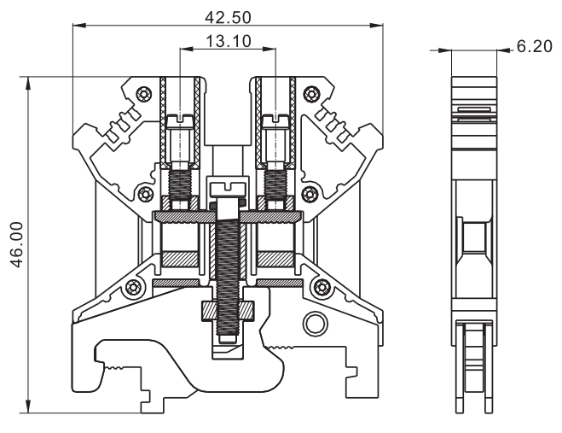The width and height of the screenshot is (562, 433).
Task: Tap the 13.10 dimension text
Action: (228, 41)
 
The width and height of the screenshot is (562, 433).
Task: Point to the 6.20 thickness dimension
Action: (535, 48)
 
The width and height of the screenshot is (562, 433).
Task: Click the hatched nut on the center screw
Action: (228, 310)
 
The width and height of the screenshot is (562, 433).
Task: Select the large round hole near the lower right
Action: (315, 324)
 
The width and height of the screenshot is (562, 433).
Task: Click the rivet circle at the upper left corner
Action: (143, 91)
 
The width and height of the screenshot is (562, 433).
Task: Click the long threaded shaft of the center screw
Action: (228, 256)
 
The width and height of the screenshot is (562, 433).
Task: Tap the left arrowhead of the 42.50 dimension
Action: (78, 26)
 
